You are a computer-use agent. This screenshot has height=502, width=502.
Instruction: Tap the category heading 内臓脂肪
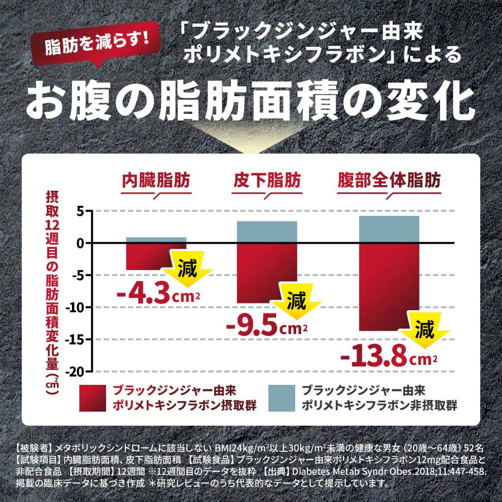(156, 181)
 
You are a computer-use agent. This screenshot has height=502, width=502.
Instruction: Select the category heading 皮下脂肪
(267, 181)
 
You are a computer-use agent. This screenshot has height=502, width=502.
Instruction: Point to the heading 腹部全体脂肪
(389, 181)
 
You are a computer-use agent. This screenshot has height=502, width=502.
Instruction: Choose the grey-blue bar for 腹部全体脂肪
(389, 229)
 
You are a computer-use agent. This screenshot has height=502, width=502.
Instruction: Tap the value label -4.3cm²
(159, 293)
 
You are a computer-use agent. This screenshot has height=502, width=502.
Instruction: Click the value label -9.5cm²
(267, 326)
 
